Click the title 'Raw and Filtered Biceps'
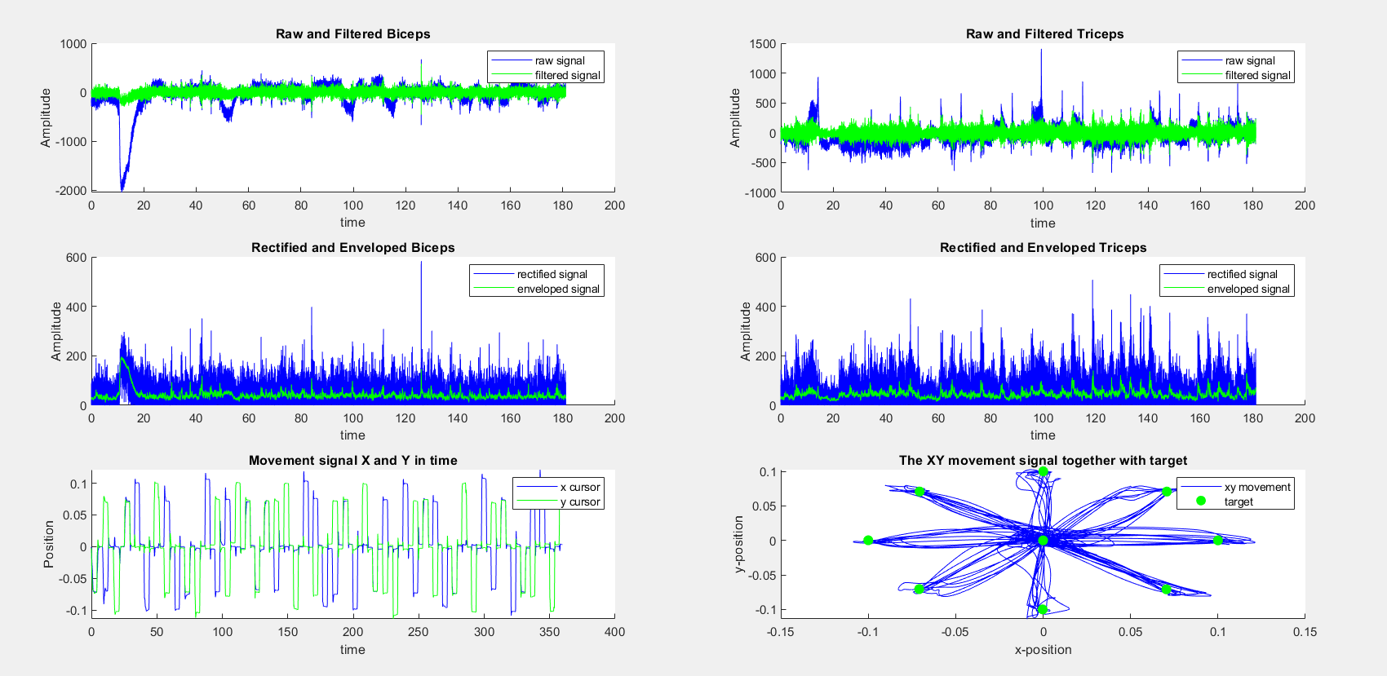[352, 34]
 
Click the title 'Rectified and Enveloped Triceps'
[1043, 248]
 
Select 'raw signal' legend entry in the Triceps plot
[1249, 61]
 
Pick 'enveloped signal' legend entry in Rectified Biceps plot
[557, 289]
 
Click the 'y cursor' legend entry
[579, 502]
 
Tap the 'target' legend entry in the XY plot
[1238, 502]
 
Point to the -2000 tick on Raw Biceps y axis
[70, 191]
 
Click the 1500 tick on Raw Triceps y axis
[762, 44]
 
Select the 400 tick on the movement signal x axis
[614, 632]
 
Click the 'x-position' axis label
[1043, 650]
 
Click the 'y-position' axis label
[739, 543]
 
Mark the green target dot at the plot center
[1043, 541]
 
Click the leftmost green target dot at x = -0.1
[868, 541]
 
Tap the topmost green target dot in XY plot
[1043, 472]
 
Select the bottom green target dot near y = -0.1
[1043, 609]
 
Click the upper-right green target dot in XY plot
[1167, 492]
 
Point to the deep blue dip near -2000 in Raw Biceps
[123, 186]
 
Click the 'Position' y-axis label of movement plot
[48, 544]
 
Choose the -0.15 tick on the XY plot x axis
[781, 632]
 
